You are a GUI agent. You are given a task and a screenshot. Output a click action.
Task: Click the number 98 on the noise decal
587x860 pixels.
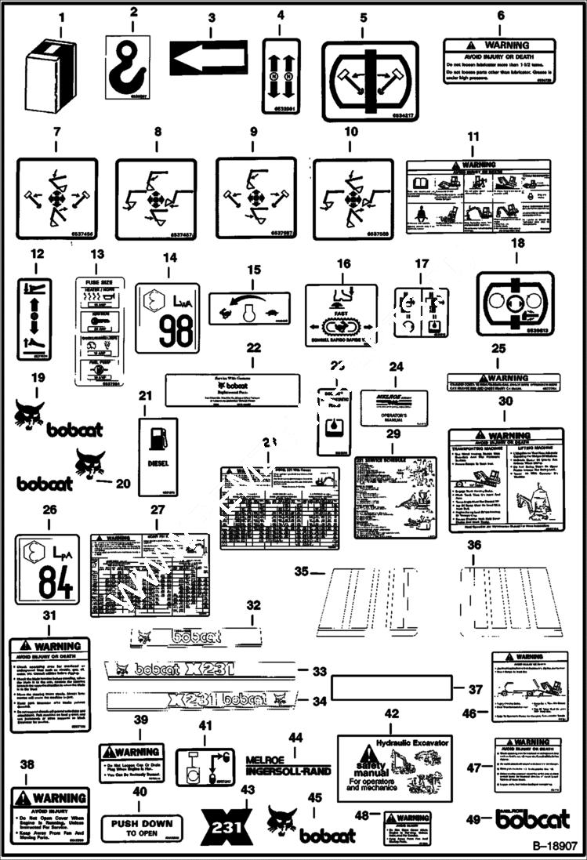[176, 330]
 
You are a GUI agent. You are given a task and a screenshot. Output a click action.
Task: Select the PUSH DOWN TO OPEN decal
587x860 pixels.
[141, 828]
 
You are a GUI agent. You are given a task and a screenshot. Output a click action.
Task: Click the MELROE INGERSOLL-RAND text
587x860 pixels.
[288, 765]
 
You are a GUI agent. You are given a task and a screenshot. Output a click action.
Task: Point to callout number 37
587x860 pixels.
[476, 690]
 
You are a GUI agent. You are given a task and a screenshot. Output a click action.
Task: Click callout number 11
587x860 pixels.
[473, 136]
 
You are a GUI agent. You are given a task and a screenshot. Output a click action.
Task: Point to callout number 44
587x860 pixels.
[295, 738]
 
